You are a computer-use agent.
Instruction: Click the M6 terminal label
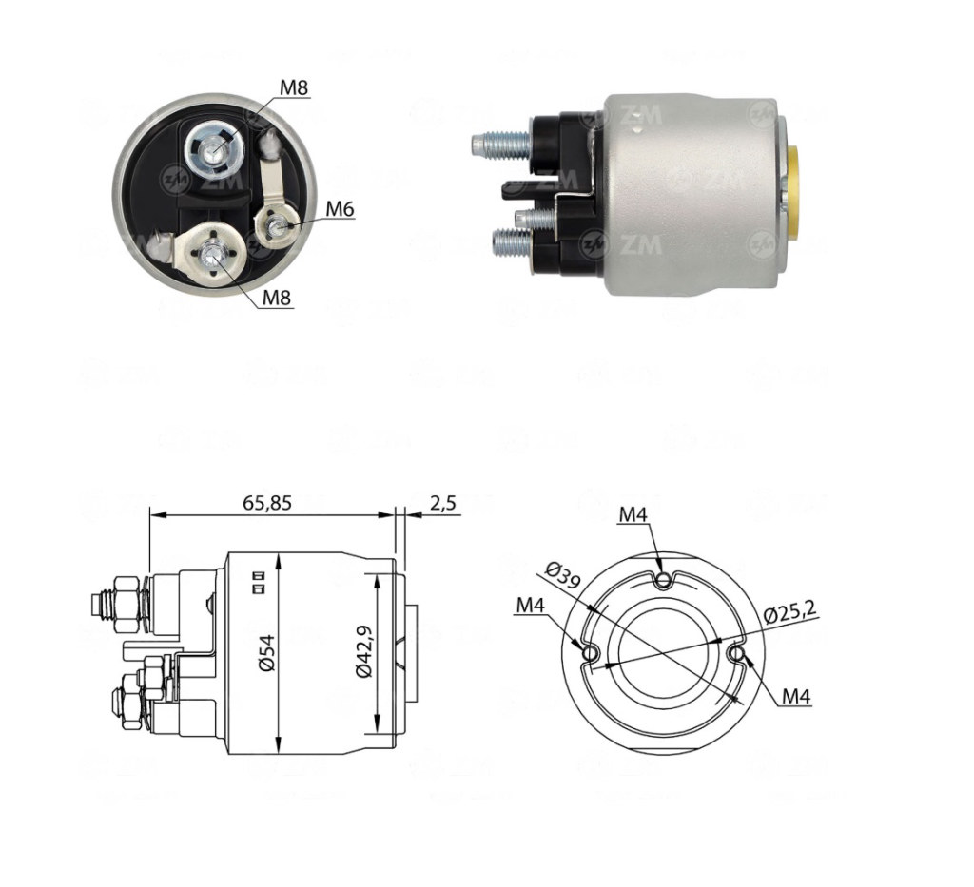340,210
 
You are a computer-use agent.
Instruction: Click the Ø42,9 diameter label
364,652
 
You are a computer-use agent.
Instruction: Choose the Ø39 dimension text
562,574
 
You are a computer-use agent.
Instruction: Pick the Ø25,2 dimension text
789,612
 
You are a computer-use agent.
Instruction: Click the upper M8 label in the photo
293,87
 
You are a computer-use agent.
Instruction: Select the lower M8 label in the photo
277,298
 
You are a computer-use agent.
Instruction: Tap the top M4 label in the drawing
633,514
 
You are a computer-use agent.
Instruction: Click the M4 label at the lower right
796,697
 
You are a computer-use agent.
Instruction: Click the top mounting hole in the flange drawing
664,580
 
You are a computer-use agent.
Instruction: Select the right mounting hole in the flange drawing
736,654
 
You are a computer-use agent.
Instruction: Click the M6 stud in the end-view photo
274,228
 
